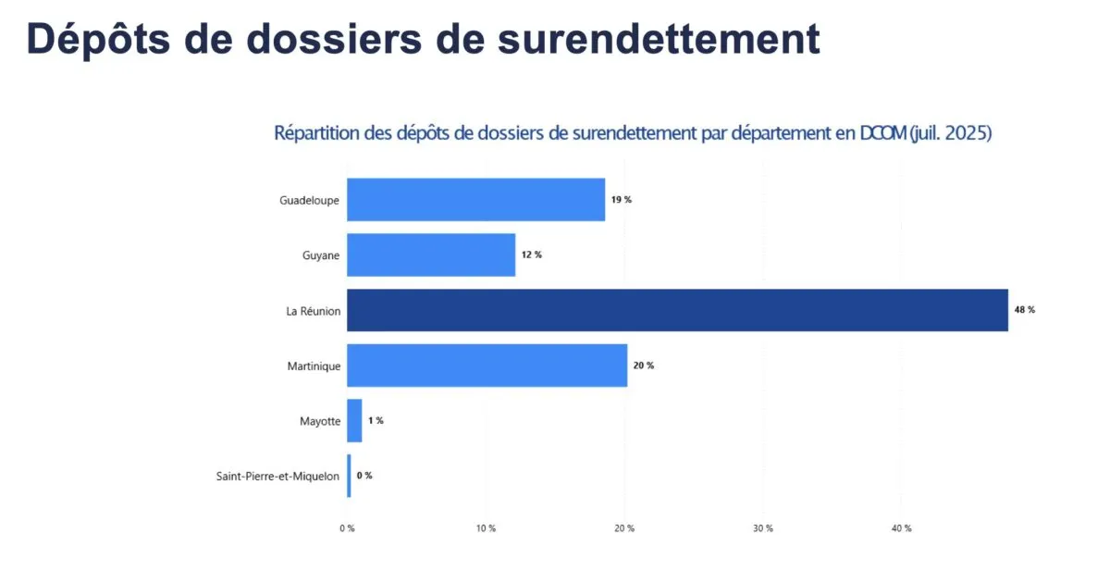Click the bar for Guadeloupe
point(475,200)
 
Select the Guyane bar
point(431,254)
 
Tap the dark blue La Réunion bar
point(677,310)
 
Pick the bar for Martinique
point(487,366)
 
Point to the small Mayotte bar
point(354,420)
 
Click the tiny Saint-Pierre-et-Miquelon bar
point(349,476)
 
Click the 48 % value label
point(1024,310)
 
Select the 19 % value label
point(621,200)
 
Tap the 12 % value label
point(531,254)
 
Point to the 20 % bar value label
point(643,366)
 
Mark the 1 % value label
point(376,420)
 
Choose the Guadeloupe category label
point(310,200)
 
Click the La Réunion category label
point(313,311)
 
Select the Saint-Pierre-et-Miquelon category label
point(277,477)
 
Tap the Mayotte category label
point(320,421)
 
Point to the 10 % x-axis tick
point(486,528)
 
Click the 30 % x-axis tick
point(762,528)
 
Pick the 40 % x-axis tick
point(901,528)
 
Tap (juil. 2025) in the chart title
point(950,133)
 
